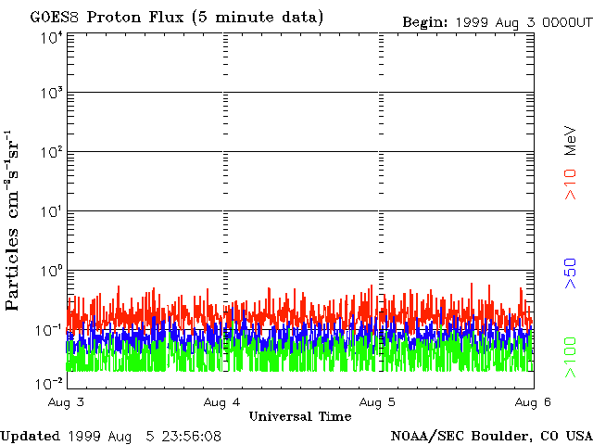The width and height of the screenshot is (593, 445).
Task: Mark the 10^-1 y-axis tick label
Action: (50, 330)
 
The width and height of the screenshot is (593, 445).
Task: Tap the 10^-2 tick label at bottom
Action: (50, 384)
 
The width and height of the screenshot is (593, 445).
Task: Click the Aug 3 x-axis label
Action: (66, 402)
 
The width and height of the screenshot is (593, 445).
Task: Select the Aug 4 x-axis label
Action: (221, 402)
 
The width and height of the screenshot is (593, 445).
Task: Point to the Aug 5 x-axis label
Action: (377, 402)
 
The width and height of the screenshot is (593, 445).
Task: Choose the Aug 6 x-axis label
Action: (533, 402)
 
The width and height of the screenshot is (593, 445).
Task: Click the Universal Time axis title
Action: (300, 416)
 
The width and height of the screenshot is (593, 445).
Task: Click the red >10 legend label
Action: (571, 184)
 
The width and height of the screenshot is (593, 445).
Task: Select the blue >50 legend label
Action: (571, 273)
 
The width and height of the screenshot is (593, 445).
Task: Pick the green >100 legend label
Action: (571, 358)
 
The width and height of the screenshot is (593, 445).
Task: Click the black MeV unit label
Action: (571, 141)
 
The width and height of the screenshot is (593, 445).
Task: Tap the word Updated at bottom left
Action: (31, 437)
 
